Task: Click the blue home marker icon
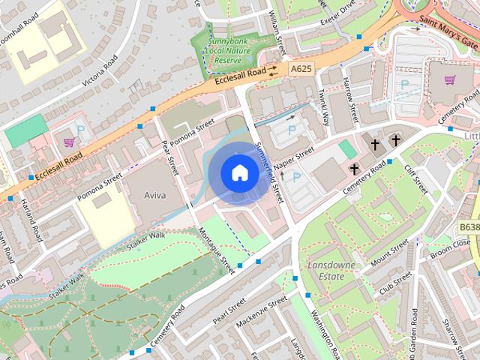[239, 173]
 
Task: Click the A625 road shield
[301, 69]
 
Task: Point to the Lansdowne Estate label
[325, 271]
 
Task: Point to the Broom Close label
[451, 244]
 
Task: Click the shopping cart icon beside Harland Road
[69, 141]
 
